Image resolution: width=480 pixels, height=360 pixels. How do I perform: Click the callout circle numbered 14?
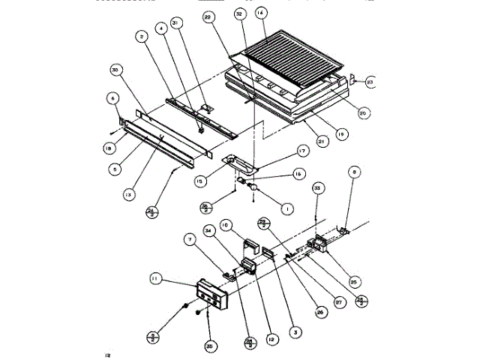pyautogui.click(x=260, y=13)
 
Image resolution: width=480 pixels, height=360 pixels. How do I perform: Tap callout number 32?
pyautogui.click(x=239, y=14)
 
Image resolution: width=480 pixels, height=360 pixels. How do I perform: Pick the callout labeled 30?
pyautogui.click(x=116, y=70)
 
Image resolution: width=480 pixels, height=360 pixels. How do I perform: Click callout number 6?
pyautogui.click(x=112, y=97)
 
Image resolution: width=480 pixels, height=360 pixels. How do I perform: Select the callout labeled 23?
pyautogui.click(x=370, y=82)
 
